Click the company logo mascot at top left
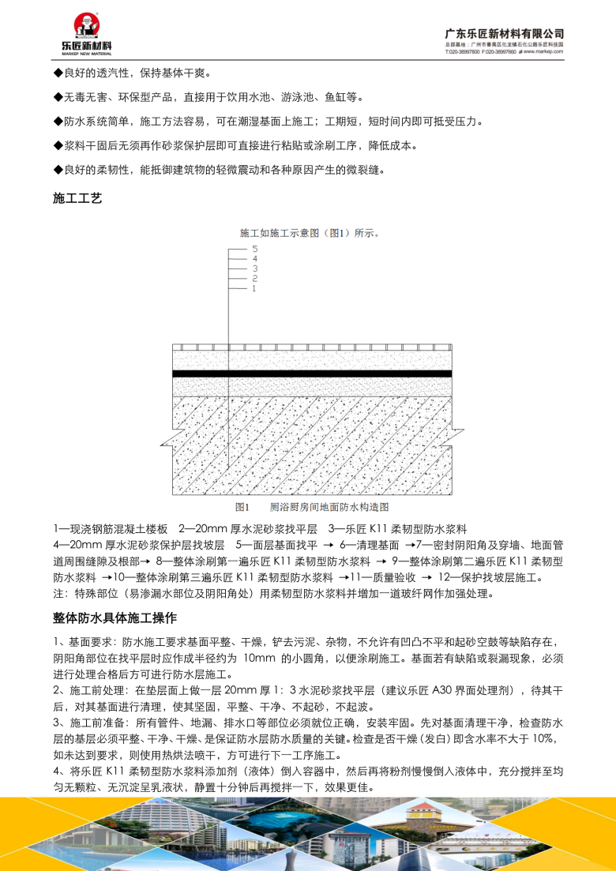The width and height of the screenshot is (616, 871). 84,26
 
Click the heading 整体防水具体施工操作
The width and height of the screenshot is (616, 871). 115,617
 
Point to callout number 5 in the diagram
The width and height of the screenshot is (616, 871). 254,248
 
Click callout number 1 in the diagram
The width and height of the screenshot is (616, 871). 254,289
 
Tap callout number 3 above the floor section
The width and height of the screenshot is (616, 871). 254,268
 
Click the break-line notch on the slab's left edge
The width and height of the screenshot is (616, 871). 167,436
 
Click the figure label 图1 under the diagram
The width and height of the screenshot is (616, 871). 242,506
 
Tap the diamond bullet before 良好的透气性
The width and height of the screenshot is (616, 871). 57,73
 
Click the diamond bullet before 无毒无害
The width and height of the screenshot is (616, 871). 57,98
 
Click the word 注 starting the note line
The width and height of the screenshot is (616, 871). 58,594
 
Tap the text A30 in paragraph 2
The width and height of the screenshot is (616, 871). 444,690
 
